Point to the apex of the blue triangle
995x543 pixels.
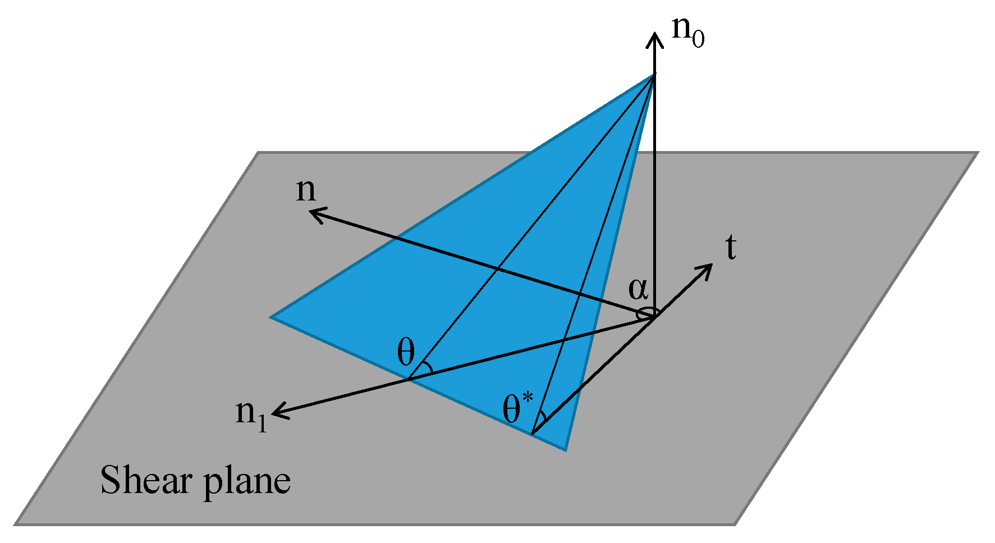click(x=654, y=75)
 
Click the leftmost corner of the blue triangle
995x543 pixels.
click(x=272, y=317)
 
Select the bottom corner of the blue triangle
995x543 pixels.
click(x=565, y=450)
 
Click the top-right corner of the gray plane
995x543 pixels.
click(x=977, y=153)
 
